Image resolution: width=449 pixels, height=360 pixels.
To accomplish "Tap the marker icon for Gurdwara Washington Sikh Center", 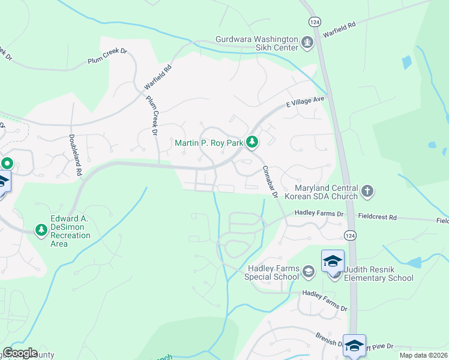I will coord(308,42).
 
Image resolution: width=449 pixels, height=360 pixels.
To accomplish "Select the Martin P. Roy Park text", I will coord(209,143).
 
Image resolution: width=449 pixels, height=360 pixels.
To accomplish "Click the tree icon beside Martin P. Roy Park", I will coord(253,142).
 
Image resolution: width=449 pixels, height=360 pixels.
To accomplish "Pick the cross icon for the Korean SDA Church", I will coord(367,191).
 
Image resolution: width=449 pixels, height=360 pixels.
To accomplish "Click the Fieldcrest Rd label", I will coord(377,217).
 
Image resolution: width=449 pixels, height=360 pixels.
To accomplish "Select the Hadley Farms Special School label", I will coord(273,272).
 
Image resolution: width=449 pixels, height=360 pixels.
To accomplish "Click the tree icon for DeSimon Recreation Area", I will coord(41,230).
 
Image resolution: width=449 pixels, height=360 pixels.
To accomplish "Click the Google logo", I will coord(20,353).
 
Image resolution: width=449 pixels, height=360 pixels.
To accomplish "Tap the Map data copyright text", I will coord(423,355).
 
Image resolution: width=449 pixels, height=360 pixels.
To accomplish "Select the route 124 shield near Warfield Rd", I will coord(315,21).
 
